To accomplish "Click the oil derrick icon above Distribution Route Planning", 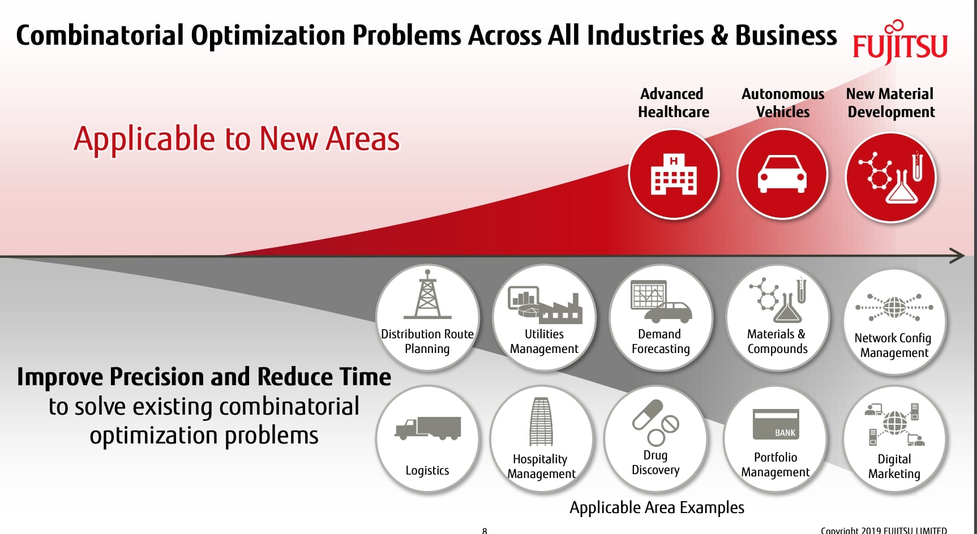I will [x=427, y=295].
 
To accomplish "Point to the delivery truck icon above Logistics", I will [x=428, y=428].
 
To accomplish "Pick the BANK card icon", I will [x=775, y=424].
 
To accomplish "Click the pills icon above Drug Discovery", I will [x=655, y=422].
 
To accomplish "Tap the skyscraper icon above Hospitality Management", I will [x=541, y=422].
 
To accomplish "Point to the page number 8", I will [x=485, y=530].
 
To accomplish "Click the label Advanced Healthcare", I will [x=673, y=103].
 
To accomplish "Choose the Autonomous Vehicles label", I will [x=783, y=103].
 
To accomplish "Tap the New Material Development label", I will [x=890, y=103].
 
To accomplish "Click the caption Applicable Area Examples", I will [x=657, y=507].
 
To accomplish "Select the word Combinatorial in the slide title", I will [x=100, y=36].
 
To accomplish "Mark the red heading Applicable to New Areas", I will [x=237, y=139].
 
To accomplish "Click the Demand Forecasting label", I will [x=660, y=341].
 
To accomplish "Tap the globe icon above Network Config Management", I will [x=894, y=308].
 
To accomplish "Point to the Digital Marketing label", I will [x=894, y=466].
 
